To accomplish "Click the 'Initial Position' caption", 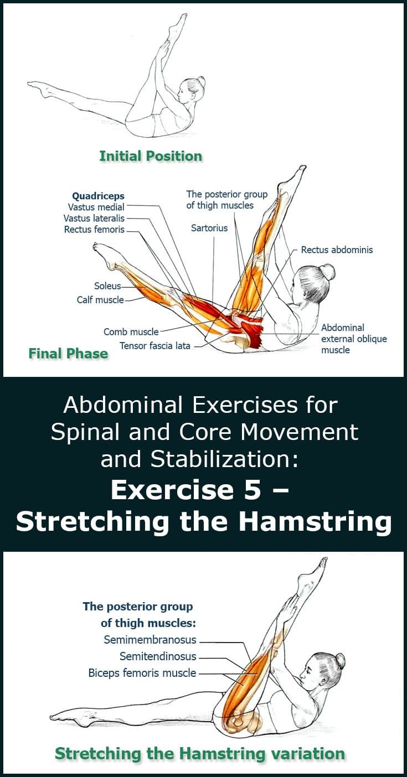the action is (x=151, y=156).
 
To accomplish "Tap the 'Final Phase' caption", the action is (x=68, y=354).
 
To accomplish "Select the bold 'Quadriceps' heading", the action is (x=98, y=196).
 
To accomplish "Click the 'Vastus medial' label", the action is (x=96, y=207).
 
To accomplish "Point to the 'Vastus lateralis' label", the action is (x=94, y=218).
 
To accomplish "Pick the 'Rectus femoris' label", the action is (x=94, y=229).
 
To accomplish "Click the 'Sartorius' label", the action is (x=209, y=228).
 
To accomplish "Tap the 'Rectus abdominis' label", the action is (x=337, y=250).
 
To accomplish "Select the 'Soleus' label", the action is (x=107, y=286).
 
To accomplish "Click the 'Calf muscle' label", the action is (x=100, y=300).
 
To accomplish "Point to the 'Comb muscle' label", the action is (x=131, y=332).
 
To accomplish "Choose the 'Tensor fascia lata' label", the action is (x=155, y=346).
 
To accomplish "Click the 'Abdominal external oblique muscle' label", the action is (x=354, y=339).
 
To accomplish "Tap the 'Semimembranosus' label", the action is (x=150, y=640).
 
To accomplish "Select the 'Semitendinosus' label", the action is (x=158, y=656).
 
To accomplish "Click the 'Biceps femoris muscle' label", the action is (x=142, y=674).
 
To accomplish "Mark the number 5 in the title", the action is (x=253, y=490).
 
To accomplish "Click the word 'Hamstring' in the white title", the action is (x=315, y=522).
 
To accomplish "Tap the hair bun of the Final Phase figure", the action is (x=327, y=272).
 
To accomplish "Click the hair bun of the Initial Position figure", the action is (x=201, y=81).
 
